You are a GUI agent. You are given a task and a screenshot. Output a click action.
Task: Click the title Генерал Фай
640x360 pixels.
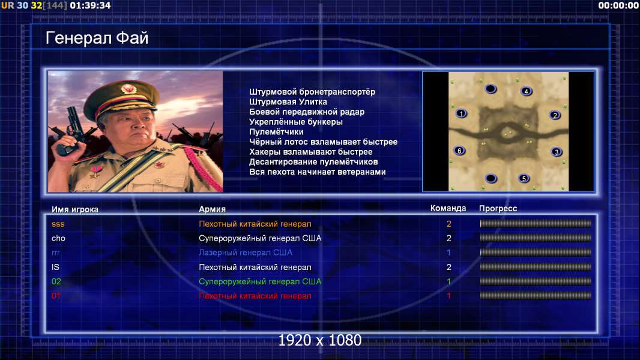pos(97,38)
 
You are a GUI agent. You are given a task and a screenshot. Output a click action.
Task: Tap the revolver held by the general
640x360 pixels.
pos(70,130)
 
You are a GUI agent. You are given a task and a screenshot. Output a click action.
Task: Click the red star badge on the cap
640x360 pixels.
pos(128,89)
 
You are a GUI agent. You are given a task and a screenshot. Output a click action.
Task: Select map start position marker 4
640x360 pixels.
pos(526,91)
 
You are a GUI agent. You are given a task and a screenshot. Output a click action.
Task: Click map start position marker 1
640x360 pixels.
pos(461,113)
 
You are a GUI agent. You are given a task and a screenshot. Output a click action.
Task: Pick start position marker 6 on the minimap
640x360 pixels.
pos(460,151)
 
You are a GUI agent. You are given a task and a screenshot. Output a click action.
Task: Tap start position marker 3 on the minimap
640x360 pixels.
pos(557,152)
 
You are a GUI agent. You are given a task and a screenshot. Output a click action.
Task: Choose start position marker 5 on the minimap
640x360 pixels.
pos(524,179)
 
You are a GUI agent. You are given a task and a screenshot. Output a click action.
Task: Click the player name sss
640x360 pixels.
pos(58,224)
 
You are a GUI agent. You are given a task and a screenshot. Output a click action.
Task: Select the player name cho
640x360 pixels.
pos(58,238)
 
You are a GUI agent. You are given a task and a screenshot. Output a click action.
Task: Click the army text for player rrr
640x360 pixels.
pos(246,253)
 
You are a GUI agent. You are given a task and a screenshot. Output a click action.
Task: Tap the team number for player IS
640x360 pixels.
pos(448,267)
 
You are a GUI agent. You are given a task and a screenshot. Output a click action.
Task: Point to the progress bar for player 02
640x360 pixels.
pos(536,281)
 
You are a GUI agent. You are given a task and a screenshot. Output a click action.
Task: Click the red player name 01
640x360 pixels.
pos(56,296)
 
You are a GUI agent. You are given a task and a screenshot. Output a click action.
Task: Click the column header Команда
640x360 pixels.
pos(448,208)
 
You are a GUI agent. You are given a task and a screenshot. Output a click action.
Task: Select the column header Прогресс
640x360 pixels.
pos(498,209)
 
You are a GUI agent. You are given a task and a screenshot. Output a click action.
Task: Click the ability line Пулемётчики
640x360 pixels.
pos(276,131)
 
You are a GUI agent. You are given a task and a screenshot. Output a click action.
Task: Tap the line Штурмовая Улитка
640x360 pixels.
pos(288,102)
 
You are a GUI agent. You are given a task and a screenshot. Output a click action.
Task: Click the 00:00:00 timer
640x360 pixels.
pos(618,5)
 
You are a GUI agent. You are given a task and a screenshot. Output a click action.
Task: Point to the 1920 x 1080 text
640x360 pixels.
pos(320,340)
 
